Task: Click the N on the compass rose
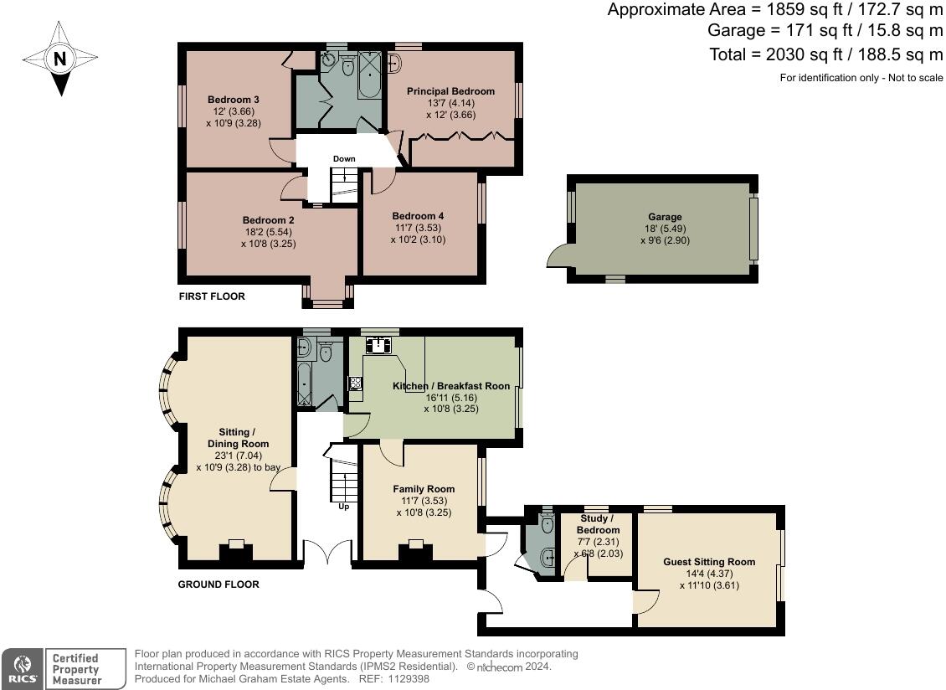click(x=59, y=59)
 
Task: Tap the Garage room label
click(x=665, y=217)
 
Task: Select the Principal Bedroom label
click(x=450, y=91)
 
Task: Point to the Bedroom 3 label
click(x=234, y=100)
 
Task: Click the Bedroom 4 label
click(x=418, y=216)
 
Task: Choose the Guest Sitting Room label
click(x=710, y=562)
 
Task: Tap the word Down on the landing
click(x=344, y=159)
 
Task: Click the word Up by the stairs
click(x=344, y=507)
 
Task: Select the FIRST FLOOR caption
click(x=212, y=296)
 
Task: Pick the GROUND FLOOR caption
click(x=219, y=584)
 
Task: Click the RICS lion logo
click(x=23, y=669)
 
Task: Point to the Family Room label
click(x=424, y=489)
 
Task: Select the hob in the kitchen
click(x=355, y=383)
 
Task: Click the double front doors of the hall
click(x=327, y=553)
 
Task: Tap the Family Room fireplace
click(x=416, y=550)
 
